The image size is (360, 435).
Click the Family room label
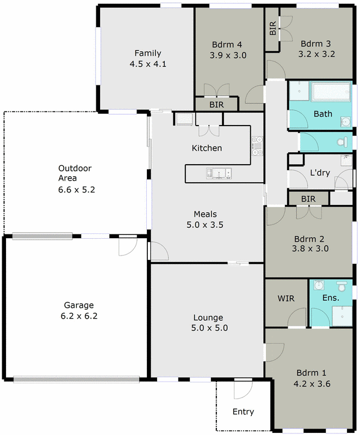pos(148,53)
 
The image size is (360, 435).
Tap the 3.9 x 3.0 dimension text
pos(229,55)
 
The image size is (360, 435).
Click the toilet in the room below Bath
pos(342,142)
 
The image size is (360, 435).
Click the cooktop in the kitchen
pos(257,144)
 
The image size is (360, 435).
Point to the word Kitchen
pos(207,148)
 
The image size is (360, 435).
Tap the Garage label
pos(78,305)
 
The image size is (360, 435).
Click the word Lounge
pos(208,318)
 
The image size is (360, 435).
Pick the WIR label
pos(285,299)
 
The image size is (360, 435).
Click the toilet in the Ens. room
pos(342,286)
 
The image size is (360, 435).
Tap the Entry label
pos(243,412)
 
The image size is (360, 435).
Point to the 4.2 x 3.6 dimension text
pos(312,383)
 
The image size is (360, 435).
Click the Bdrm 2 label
pos(309,238)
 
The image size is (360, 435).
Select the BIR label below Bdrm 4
pos(215,104)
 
